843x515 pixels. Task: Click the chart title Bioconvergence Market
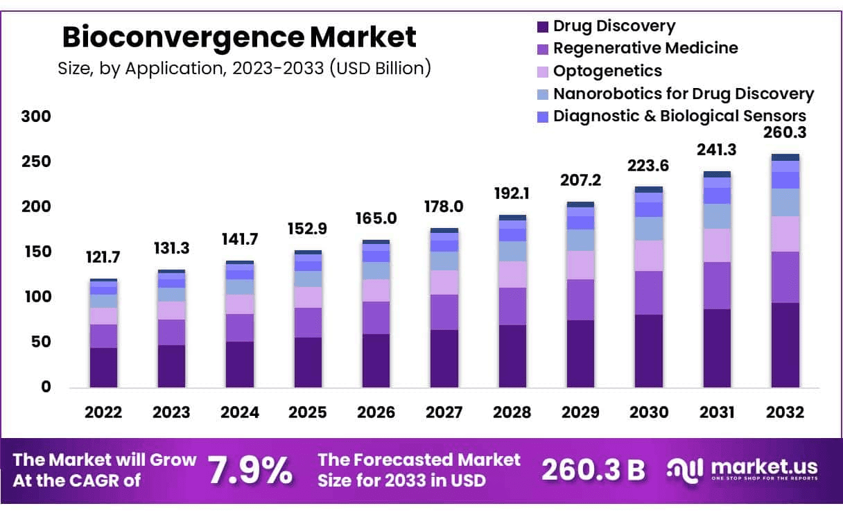point(239,37)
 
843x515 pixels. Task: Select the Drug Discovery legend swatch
point(542,27)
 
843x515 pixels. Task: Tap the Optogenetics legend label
point(607,71)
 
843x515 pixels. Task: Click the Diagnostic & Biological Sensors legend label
point(679,116)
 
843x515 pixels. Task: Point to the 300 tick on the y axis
point(36,116)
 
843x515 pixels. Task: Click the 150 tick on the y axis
point(36,252)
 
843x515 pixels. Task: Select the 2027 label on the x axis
point(444,412)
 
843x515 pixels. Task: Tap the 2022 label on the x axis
point(103,412)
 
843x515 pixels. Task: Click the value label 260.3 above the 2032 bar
point(785,132)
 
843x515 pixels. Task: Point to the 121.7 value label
point(103,257)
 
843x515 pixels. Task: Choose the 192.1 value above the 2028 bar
point(512,193)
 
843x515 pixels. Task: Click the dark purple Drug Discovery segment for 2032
point(785,344)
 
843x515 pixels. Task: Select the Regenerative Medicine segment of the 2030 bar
point(649,293)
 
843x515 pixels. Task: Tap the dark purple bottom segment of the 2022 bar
point(103,367)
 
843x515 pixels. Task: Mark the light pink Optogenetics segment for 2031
point(717,245)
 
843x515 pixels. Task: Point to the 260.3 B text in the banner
point(593,471)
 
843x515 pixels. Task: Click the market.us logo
point(742,469)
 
